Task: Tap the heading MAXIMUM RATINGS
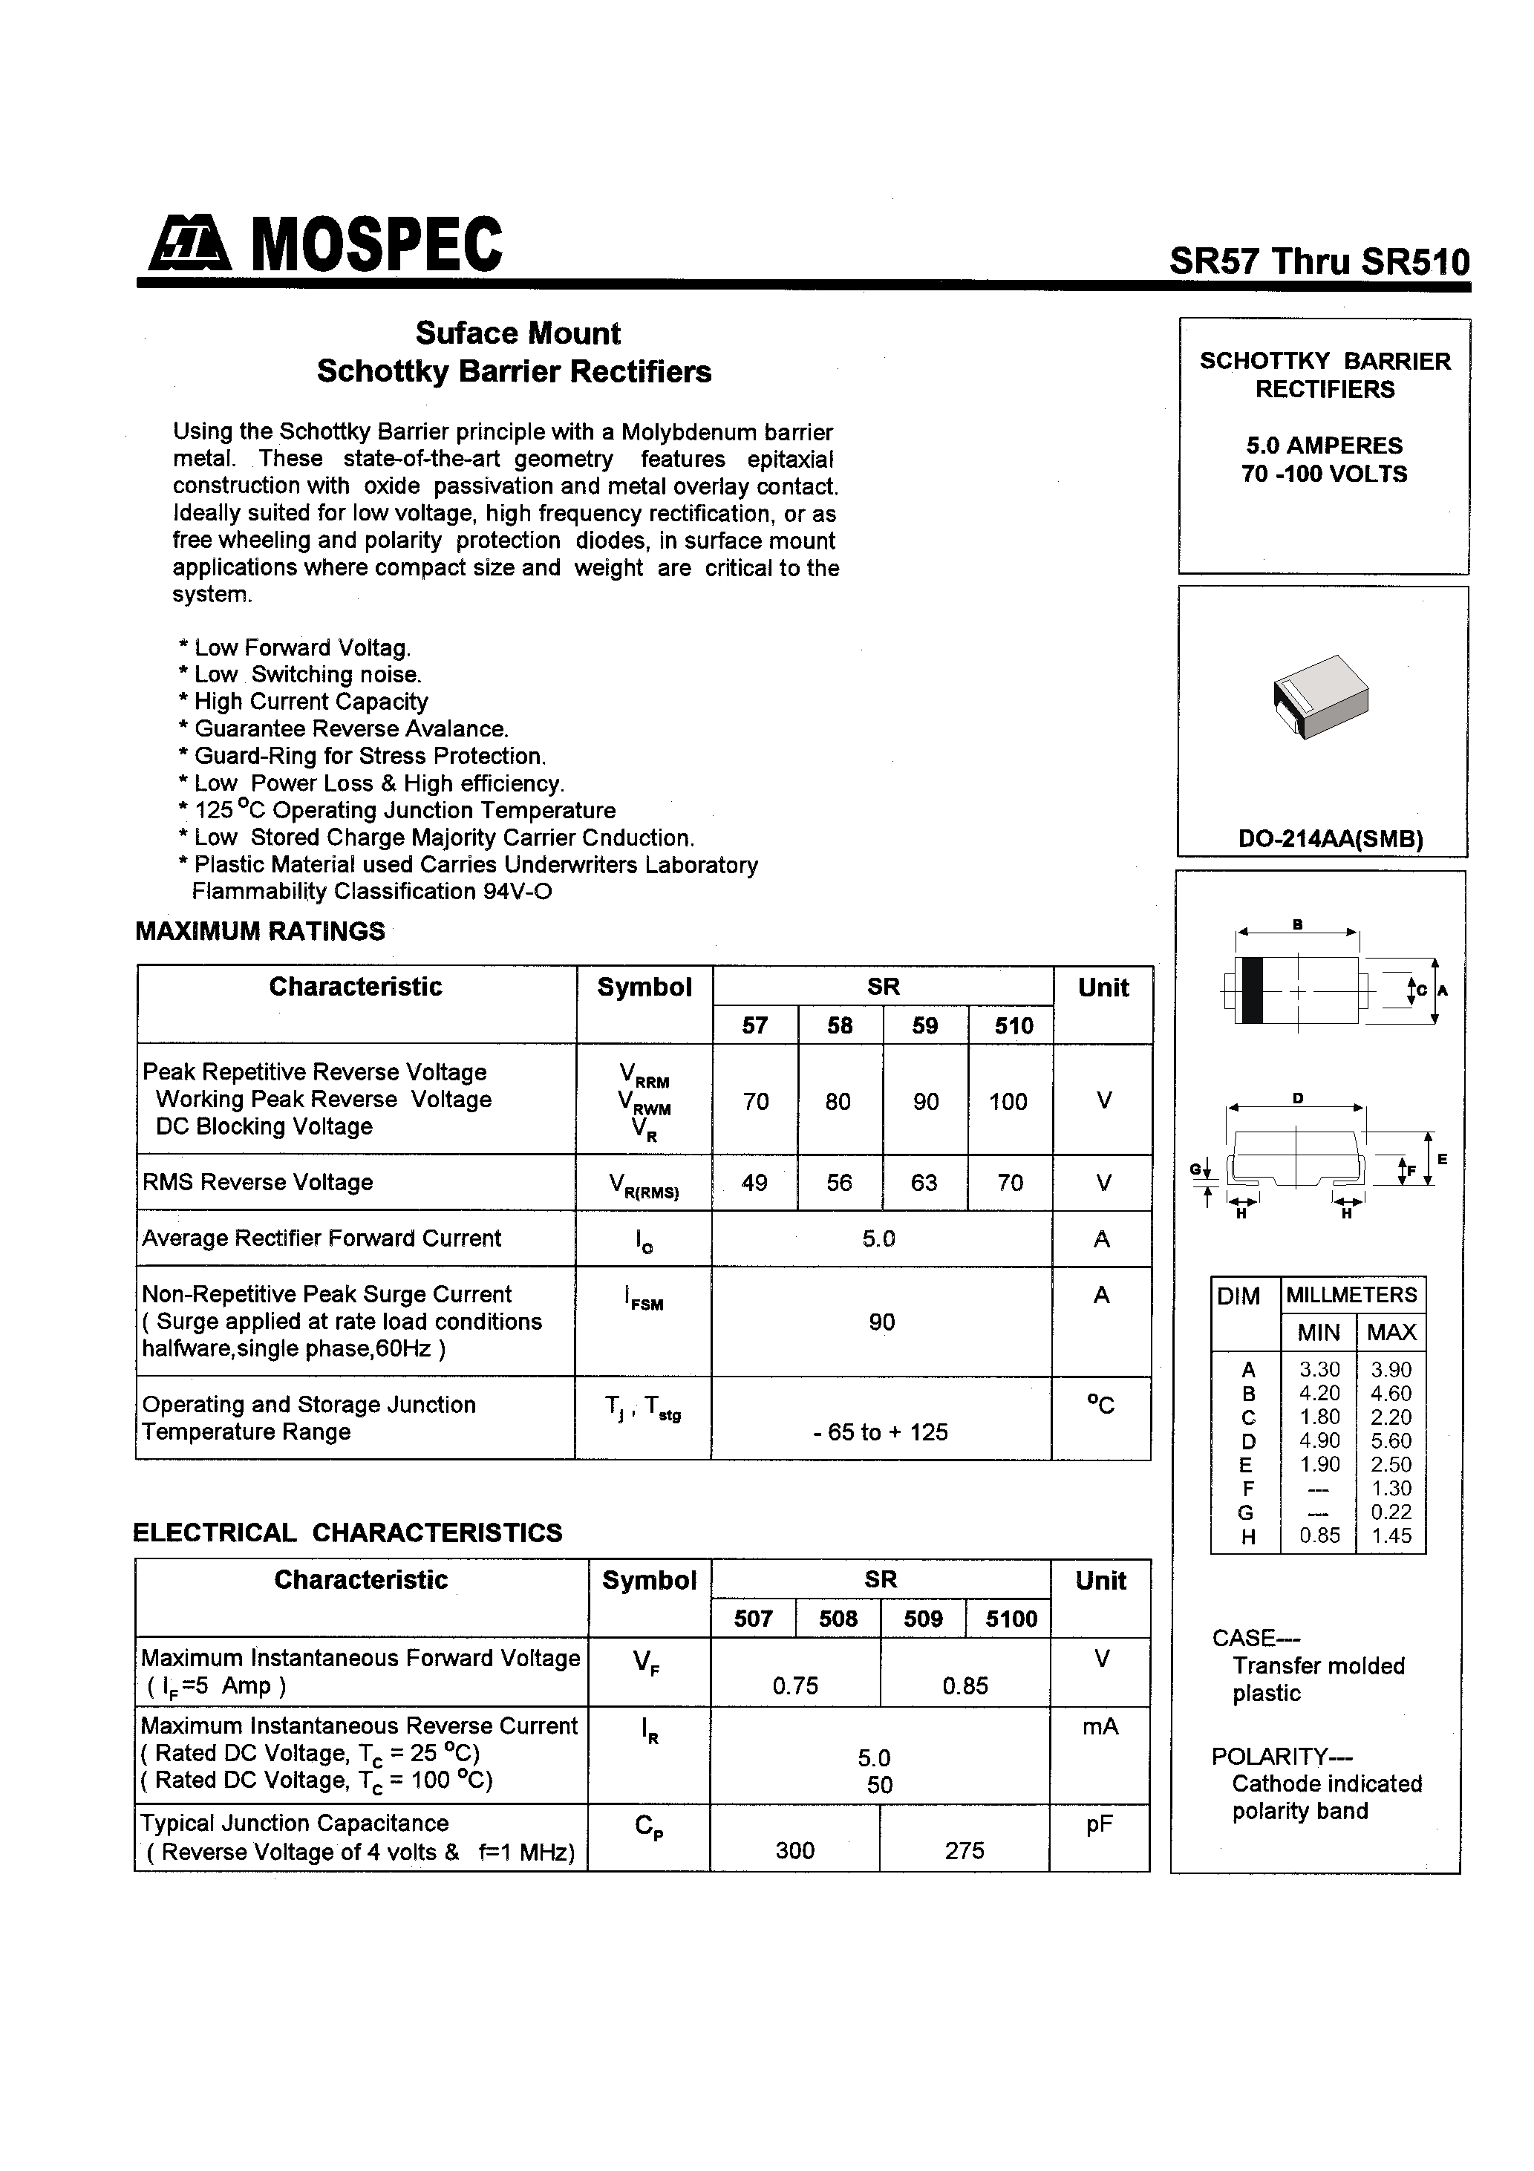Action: point(260,931)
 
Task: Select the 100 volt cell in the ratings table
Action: point(1008,1102)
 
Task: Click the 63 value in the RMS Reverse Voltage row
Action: point(924,1183)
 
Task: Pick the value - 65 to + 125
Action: point(880,1432)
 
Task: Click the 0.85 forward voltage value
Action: point(965,1686)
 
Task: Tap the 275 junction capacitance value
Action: point(964,1850)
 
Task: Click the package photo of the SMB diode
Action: point(1320,697)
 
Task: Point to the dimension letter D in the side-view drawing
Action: point(1299,1099)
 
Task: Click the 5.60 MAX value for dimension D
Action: point(1390,1441)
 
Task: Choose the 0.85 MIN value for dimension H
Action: point(1319,1536)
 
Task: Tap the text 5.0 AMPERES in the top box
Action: point(1324,445)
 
